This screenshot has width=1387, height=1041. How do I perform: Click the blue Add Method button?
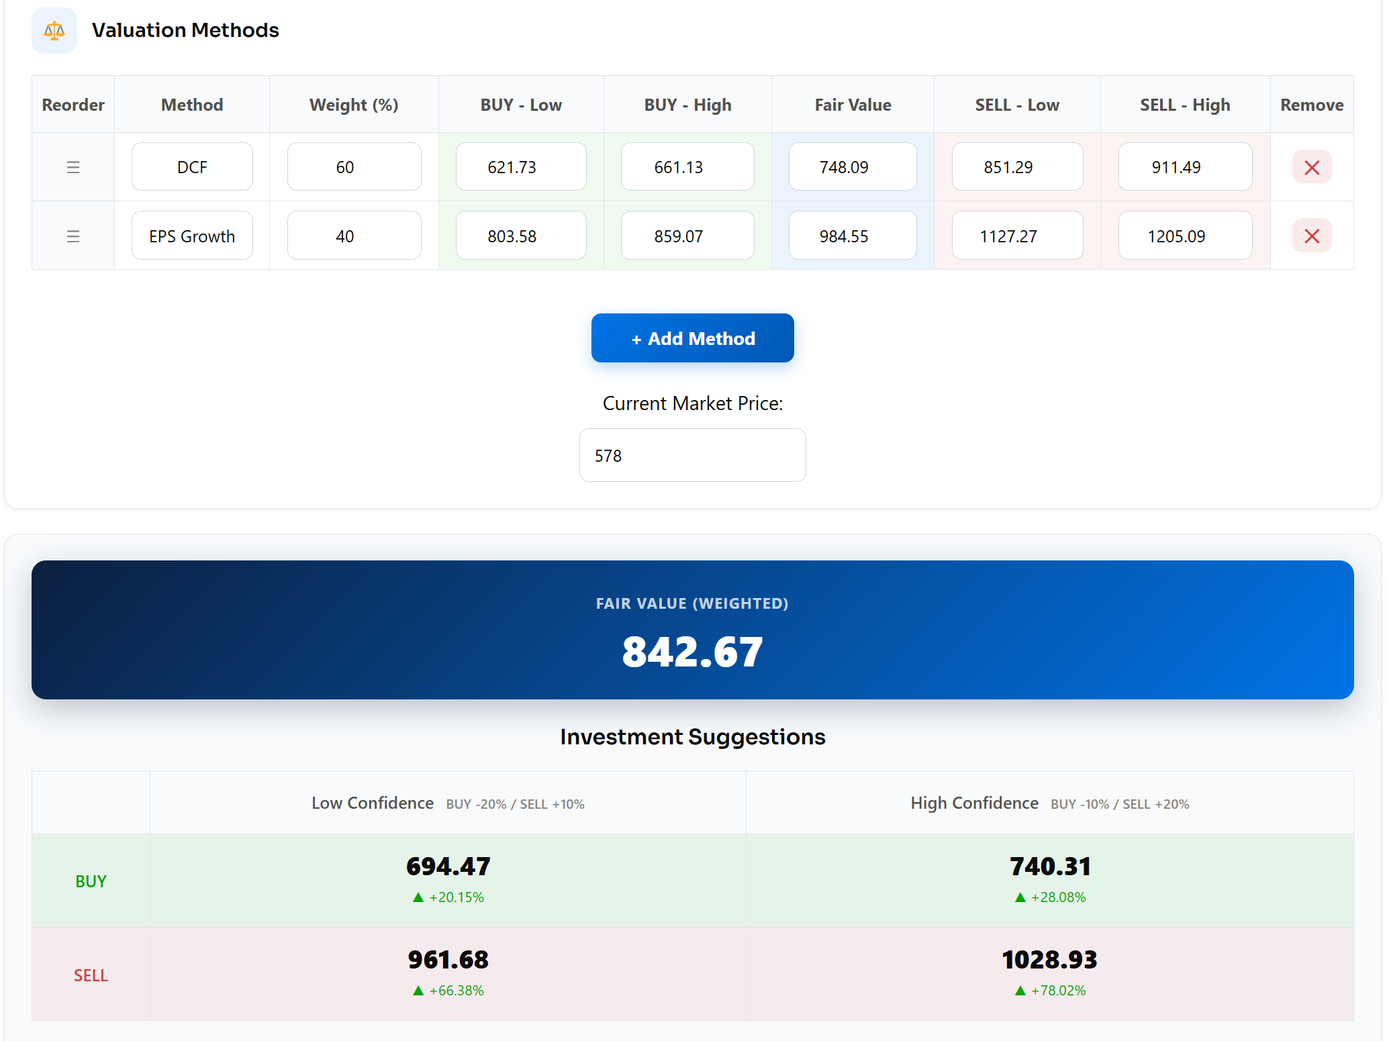pos(692,338)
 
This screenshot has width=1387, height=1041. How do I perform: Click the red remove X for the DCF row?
pos(1311,167)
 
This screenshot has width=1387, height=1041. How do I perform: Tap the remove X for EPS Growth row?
pos(1311,236)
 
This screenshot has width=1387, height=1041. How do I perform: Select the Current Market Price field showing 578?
pos(692,455)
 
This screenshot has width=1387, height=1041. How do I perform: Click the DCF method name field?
pos(192,166)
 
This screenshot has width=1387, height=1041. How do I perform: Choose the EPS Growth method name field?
pos(192,236)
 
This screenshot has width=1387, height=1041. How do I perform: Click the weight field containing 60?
pos(354,166)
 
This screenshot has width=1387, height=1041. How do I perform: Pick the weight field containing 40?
pos(354,236)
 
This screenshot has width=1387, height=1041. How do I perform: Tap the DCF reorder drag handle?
pos(73,167)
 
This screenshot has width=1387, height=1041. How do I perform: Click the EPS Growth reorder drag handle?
pos(73,236)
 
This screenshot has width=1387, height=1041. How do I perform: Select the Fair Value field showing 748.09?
pos(853,166)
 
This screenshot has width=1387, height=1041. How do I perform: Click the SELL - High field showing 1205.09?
pos(1185,236)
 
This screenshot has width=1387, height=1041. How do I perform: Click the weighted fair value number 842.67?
pos(692,652)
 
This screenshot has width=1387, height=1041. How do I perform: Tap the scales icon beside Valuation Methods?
pos(54,30)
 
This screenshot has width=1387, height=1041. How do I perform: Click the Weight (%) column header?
pos(354,105)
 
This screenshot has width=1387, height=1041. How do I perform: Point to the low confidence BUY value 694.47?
pos(448,866)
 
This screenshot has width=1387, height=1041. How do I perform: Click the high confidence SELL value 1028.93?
pos(1049,960)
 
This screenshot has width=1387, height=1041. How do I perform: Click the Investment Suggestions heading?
pos(692,737)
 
